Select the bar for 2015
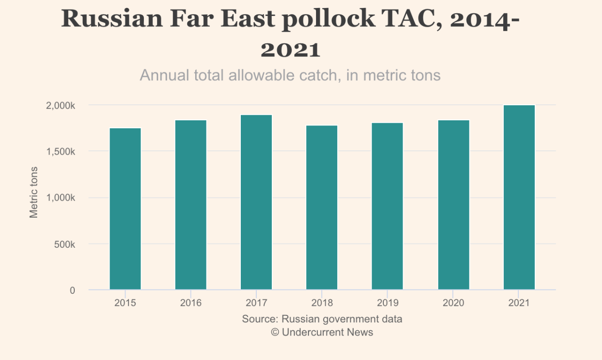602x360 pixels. (125, 209)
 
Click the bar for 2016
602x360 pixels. (190, 205)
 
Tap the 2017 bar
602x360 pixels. (256, 202)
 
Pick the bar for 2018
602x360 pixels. (322, 207)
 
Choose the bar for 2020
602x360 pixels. (453, 205)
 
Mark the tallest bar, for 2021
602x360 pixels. (519, 197)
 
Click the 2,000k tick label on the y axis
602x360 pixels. (60, 106)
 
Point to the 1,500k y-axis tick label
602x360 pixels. (60, 152)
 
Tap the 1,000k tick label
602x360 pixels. (60, 198)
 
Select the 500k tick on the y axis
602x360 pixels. (64, 244)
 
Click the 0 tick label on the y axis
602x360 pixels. (72, 290)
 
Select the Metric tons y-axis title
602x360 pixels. (34, 192)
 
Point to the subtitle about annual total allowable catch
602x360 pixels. (290, 75)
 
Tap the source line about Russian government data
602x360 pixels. (322, 319)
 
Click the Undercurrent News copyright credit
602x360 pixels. (322, 332)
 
